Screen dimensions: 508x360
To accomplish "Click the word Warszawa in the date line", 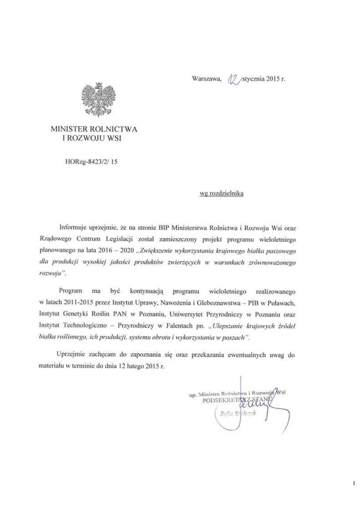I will click(205, 78).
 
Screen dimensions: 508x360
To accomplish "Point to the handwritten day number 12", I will click(232, 78).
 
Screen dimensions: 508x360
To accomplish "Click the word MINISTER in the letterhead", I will click(72, 129).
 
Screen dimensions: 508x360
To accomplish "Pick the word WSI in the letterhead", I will click(113, 138).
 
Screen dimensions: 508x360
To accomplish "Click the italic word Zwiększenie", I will click(166, 250).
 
